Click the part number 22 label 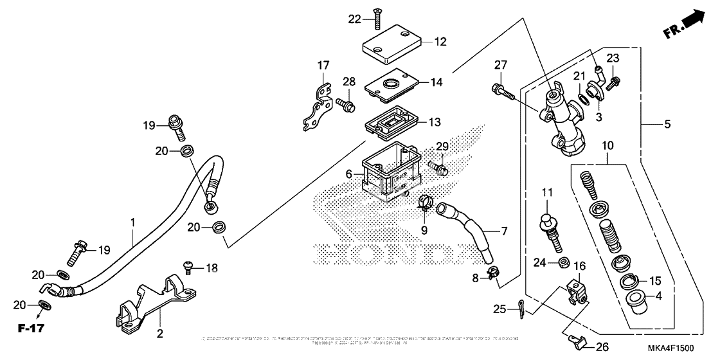pos(355,19)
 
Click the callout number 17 pos(323,66)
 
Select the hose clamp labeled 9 pos(424,204)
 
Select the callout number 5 pos(668,123)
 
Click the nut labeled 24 pos(561,262)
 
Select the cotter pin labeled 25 pos(521,310)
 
